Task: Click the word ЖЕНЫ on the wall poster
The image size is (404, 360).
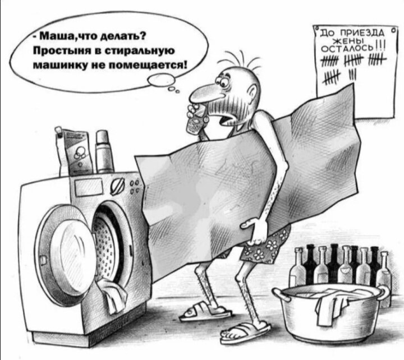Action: [x=349, y=41]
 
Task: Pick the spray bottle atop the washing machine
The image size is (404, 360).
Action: [x=104, y=151]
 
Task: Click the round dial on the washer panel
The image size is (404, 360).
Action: [x=118, y=186]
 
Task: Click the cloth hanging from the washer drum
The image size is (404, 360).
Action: [x=112, y=296]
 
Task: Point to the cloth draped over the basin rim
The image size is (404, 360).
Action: [x=331, y=308]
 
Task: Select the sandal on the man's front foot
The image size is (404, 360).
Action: [x=245, y=332]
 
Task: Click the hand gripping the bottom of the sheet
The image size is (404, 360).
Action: [x=255, y=231]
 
